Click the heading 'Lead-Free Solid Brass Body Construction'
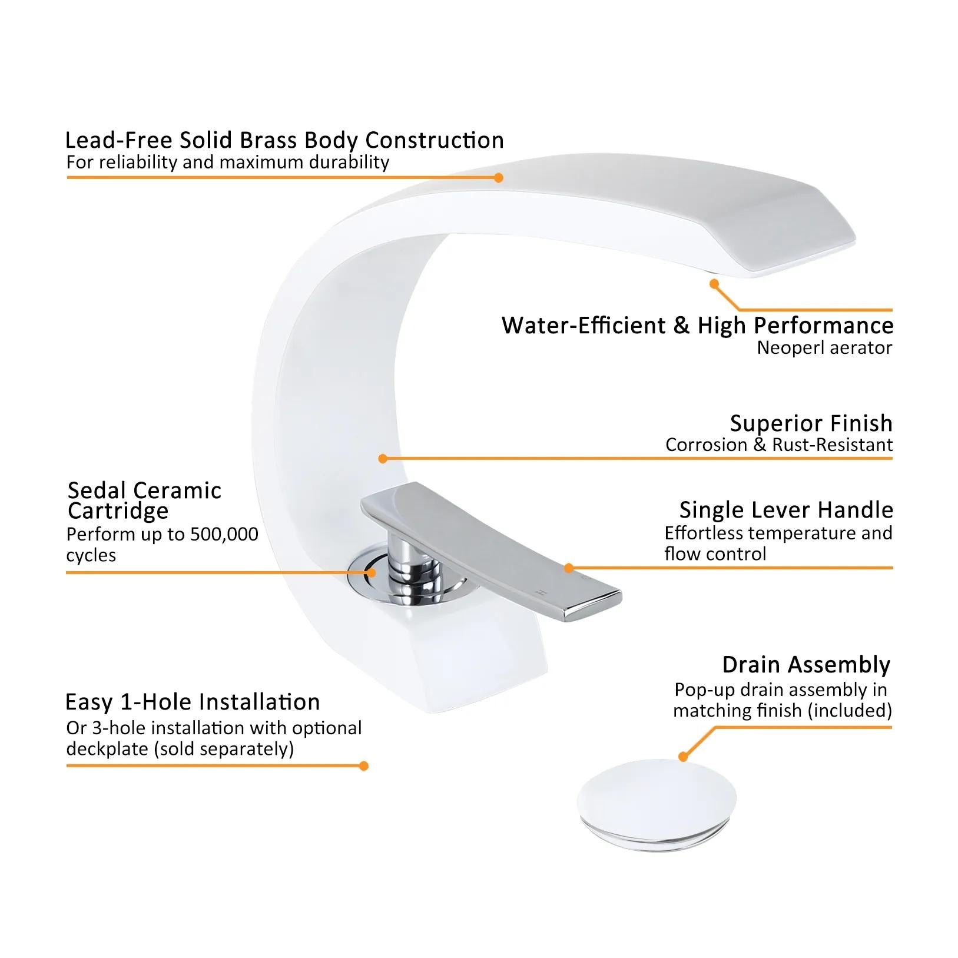pyautogui.click(x=284, y=140)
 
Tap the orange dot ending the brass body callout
pyautogui.click(x=499, y=177)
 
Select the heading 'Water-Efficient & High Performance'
pyautogui.click(x=697, y=325)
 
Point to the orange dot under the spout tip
pyautogui.click(x=715, y=284)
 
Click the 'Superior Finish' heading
pyautogui.click(x=811, y=423)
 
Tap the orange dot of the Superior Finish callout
pyautogui.click(x=383, y=458)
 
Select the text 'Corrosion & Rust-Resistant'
pyautogui.click(x=779, y=445)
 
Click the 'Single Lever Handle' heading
pyautogui.click(x=786, y=509)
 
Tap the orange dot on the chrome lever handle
pyautogui.click(x=568, y=568)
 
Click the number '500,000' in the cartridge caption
pyautogui.click(x=224, y=534)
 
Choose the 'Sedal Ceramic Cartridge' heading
pyautogui.click(x=144, y=500)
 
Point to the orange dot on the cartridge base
pyautogui.click(x=371, y=572)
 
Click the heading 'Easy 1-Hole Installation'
pyautogui.click(x=193, y=702)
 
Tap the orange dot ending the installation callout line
pyautogui.click(x=364, y=766)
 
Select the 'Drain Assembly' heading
pyautogui.click(x=806, y=665)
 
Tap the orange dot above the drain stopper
pyautogui.click(x=683, y=757)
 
